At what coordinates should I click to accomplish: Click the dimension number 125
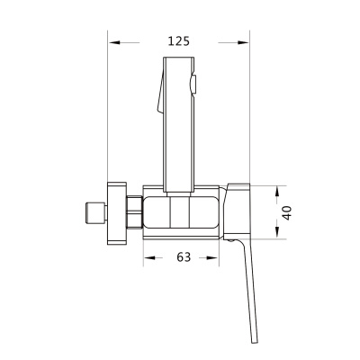click(179, 41)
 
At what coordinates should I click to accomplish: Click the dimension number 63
click(184, 257)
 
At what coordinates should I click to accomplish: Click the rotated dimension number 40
click(287, 212)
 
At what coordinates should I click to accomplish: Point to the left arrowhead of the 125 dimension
click(114, 42)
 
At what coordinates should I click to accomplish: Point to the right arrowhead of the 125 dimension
click(243, 42)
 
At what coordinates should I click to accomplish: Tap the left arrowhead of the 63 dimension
click(149, 257)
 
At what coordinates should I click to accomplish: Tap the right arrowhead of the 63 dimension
click(212, 257)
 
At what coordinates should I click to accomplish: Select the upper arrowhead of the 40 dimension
click(277, 192)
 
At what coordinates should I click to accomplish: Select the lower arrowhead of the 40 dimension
click(277, 233)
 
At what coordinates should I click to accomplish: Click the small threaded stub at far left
click(95, 213)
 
